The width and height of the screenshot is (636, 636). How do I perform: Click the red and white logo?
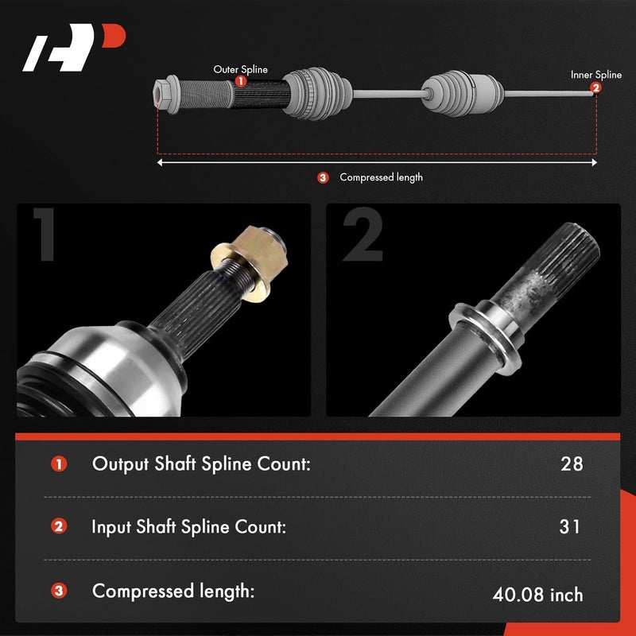click(74, 49)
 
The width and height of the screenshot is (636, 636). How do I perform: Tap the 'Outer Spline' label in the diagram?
click(241, 69)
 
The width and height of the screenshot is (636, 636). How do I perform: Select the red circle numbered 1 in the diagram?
click(241, 81)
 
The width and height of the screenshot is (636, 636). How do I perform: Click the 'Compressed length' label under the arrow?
click(381, 177)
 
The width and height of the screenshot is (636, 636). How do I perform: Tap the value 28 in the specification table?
click(571, 463)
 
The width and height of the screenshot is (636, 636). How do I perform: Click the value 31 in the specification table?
click(570, 526)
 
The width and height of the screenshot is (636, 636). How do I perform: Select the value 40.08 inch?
click(537, 594)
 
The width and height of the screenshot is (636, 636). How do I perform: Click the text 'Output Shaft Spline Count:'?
click(200, 463)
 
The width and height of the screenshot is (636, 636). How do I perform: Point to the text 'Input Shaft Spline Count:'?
click(188, 526)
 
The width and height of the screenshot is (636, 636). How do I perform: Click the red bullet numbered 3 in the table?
click(59, 591)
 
